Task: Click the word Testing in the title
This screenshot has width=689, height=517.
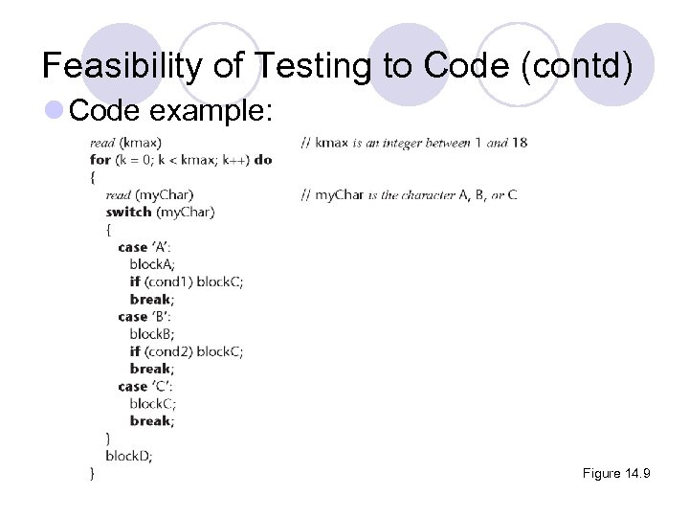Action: (307, 65)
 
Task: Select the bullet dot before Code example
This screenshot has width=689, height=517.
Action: (55, 111)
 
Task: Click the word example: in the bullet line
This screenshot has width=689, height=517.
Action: (212, 111)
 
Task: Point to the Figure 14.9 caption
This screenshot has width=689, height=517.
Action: (615, 474)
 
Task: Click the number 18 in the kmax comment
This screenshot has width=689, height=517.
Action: (520, 143)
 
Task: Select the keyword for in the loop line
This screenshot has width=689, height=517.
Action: (100, 160)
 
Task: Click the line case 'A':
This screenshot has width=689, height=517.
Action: (144, 247)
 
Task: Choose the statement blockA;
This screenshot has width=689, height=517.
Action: (153, 264)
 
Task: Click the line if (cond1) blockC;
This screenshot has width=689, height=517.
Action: (186, 281)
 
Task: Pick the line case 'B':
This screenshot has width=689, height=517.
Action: (144, 316)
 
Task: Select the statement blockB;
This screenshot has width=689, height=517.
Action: (153, 334)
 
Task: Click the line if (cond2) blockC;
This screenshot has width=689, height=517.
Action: (186, 351)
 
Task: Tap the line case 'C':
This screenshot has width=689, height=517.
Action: (144, 386)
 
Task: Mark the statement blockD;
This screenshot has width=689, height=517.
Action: (129, 456)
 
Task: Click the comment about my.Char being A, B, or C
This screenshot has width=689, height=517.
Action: (409, 194)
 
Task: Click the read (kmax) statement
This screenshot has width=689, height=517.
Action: (125, 143)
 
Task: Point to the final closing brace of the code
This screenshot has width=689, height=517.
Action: (92, 473)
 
